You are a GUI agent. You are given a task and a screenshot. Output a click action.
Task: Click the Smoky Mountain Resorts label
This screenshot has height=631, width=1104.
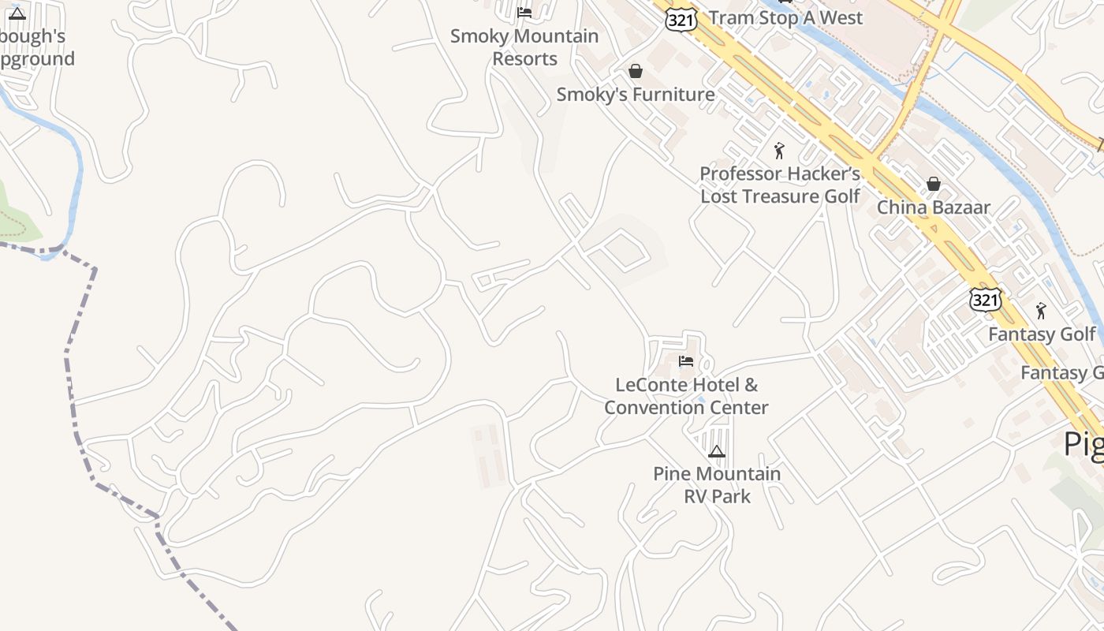(x=524, y=47)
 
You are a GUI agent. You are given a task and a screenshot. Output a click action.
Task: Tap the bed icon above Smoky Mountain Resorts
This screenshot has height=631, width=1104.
(x=524, y=12)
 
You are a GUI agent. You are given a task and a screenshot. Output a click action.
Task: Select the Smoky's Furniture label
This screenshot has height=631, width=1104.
(x=636, y=95)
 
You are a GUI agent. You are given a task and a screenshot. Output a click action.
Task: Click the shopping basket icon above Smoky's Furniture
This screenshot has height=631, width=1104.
(x=636, y=71)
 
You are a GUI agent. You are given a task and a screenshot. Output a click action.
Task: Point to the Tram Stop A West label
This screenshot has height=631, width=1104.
(x=785, y=17)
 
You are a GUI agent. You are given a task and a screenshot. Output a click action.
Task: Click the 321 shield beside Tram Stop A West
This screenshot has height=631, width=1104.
(x=681, y=19)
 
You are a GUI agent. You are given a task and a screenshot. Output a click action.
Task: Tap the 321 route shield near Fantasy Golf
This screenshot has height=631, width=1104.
(x=986, y=299)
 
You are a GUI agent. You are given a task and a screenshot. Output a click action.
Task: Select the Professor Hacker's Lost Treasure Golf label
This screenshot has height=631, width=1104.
(x=780, y=185)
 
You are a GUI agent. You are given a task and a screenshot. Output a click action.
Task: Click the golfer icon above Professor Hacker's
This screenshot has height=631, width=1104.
(x=780, y=150)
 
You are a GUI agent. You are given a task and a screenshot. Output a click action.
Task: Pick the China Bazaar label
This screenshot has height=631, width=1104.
(x=934, y=207)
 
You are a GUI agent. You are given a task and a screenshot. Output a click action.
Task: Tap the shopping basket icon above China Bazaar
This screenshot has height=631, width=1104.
(x=934, y=184)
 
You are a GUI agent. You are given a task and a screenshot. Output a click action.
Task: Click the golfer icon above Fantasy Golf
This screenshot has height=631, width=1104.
(x=1041, y=310)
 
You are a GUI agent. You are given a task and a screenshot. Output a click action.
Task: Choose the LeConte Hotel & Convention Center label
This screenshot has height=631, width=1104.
(x=686, y=396)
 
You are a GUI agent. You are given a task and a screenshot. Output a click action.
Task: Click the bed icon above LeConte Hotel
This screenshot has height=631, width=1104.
(x=686, y=361)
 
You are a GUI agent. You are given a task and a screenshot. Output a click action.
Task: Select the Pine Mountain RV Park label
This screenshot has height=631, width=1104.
(x=717, y=484)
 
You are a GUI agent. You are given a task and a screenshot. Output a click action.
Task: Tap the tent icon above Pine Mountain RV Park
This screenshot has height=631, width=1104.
(x=716, y=451)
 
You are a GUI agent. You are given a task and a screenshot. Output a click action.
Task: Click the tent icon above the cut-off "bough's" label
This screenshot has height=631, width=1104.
(x=17, y=13)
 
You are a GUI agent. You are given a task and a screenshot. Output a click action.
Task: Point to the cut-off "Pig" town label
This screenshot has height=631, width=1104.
(x=1083, y=445)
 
